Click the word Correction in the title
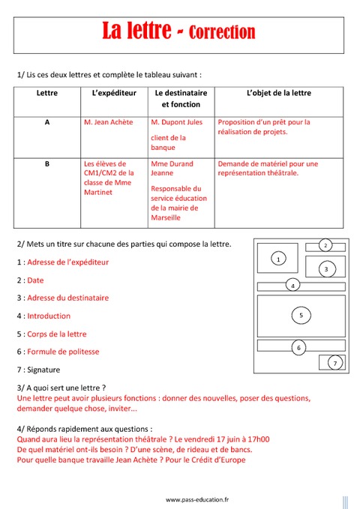point(222,32)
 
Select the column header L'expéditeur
point(114,93)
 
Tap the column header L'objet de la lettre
point(278,93)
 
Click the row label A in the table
point(47,121)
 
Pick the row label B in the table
point(47,163)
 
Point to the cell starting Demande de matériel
point(268,168)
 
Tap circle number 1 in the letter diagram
point(278,259)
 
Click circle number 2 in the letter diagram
point(325,245)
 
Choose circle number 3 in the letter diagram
point(325,268)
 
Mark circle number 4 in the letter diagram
point(293,285)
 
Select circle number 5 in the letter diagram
point(301,316)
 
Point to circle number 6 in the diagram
point(298,347)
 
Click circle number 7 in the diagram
point(335,363)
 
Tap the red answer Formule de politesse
point(63,352)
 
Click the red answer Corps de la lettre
point(57,334)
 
